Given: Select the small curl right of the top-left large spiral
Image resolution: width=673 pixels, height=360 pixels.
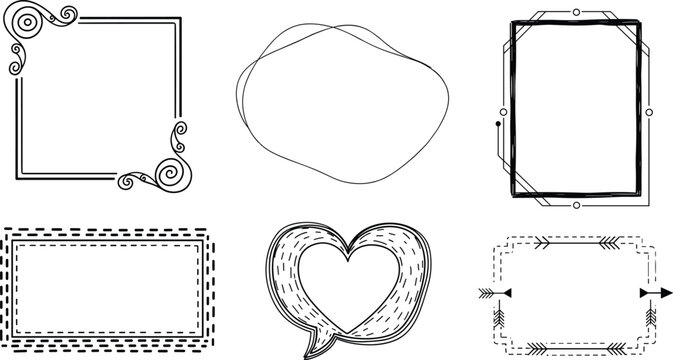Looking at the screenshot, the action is pyautogui.click(x=66, y=13).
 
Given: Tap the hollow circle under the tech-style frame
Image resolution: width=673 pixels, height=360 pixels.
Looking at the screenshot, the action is pyautogui.click(x=576, y=205).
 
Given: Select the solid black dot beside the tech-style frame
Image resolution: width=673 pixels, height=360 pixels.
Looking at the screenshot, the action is pyautogui.click(x=498, y=124).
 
